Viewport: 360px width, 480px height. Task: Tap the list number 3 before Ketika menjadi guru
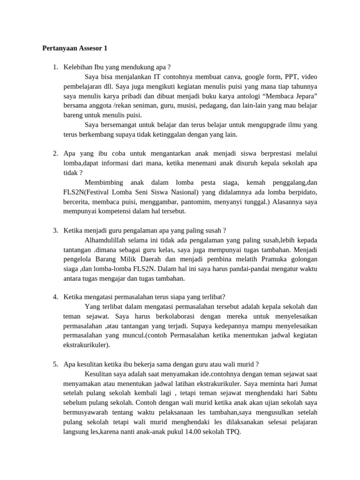point(55,230)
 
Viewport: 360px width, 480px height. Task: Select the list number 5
point(55,364)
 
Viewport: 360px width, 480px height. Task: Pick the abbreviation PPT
point(287,77)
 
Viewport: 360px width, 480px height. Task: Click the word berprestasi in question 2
point(263,154)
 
